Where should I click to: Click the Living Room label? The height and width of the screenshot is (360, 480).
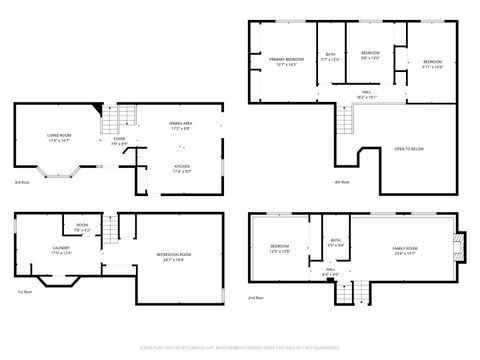[x=58, y=138]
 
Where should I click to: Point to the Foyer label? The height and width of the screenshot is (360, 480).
[x=119, y=142]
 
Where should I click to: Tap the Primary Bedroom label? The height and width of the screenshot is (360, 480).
[x=285, y=62]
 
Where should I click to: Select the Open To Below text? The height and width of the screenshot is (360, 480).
[x=408, y=147]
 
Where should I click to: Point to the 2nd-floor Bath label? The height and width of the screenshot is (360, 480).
[x=336, y=242]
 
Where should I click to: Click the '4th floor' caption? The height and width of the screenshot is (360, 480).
[x=342, y=182]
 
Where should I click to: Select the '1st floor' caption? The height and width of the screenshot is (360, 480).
[x=23, y=291]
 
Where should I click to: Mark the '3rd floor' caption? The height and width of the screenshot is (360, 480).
[x=21, y=182]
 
